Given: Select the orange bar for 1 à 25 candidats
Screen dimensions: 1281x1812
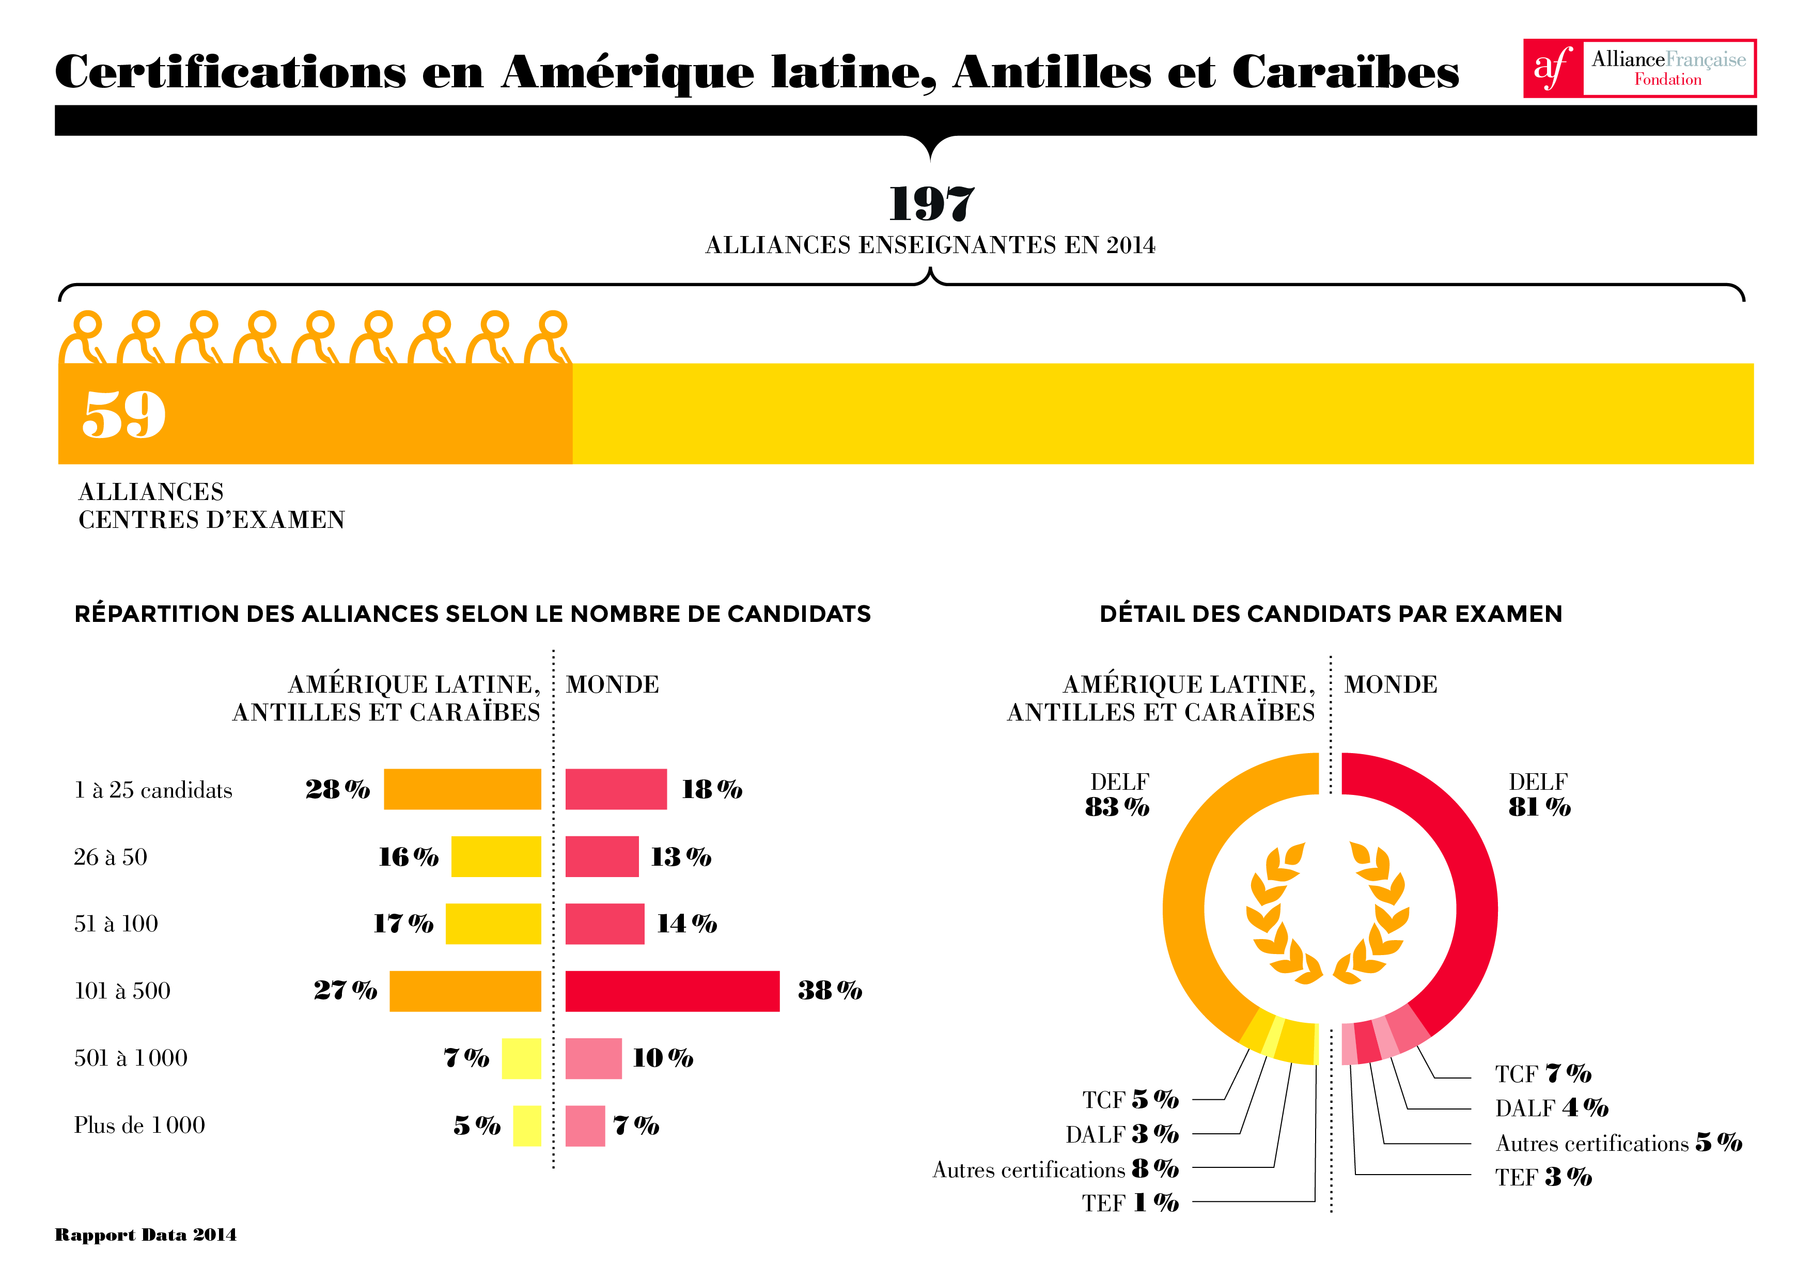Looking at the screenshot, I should point(462,789).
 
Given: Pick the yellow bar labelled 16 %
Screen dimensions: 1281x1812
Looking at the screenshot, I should point(496,856).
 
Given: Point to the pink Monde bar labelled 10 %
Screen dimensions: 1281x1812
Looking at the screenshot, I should point(593,1058).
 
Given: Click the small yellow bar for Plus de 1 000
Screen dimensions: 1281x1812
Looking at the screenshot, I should point(526,1126).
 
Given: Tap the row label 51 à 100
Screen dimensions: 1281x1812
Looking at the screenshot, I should point(116,924).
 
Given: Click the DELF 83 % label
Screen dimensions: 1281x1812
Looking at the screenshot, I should point(1117,795).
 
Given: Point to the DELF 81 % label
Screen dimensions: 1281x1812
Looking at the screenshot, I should point(1538,795).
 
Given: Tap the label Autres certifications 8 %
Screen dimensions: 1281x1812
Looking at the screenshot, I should point(1055,1169).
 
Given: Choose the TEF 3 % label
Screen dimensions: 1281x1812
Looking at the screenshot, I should point(1543,1177).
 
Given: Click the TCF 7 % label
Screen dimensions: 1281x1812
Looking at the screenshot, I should point(1543,1073).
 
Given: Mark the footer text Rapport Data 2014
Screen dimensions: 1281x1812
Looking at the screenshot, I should point(145,1235).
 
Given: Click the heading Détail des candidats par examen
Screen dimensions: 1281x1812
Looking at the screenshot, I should point(1331,614).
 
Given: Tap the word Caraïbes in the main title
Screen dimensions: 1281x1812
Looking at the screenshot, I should point(1345,73).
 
